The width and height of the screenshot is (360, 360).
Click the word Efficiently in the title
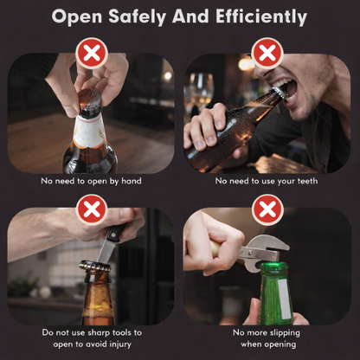(261, 16)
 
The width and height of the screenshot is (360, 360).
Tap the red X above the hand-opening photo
(92, 54)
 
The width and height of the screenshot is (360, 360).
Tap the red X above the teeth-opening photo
(267, 54)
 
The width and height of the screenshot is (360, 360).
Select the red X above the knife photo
(92, 209)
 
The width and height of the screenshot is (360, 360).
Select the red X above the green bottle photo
(267, 209)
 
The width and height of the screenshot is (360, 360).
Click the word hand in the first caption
(132, 181)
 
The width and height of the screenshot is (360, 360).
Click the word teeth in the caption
(307, 181)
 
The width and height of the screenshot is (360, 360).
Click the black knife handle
(115, 232)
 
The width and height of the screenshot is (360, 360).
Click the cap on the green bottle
(274, 266)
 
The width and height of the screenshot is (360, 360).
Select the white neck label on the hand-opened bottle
(89, 131)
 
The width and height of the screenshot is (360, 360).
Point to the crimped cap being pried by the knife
(95, 266)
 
